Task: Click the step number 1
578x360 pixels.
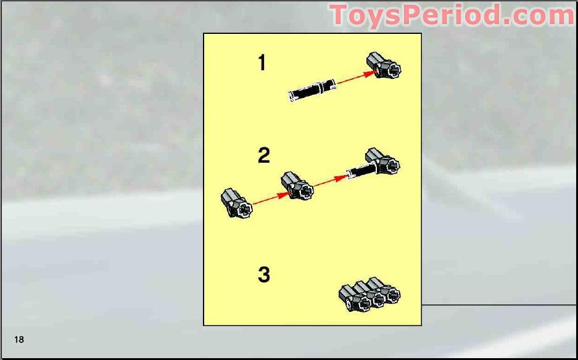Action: (x=262, y=62)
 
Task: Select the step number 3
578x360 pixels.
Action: (x=263, y=274)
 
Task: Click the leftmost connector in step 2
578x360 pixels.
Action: (x=236, y=204)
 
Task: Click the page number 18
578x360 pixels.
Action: (x=19, y=340)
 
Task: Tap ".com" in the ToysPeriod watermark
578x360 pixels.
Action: (x=537, y=15)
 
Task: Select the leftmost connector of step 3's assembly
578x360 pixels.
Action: (x=353, y=298)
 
